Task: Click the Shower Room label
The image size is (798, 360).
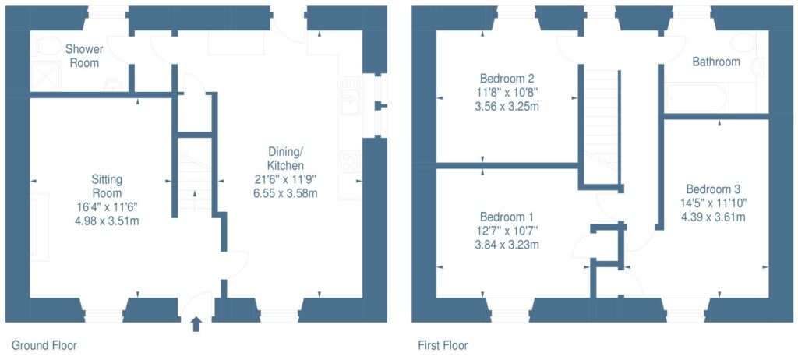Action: pyautogui.click(x=84, y=55)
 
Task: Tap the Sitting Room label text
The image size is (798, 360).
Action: pyautogui.click(x=107, y=186)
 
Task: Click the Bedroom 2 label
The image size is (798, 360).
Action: pyautogui.click(x=507, y=79)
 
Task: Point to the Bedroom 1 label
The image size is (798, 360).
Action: pyautogui.click(x=507, y=216)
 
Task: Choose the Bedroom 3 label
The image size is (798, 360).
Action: pyautogui.click(x=713, y=189)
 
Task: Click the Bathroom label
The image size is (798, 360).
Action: pyautogui.click(x=716, y=62)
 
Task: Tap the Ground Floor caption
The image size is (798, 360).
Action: pyautogui.click(x=44, y=345)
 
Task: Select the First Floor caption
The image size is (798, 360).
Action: pyautogui.click(x=443, y=345)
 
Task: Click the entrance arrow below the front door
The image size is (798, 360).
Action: pyautogui.click(x=195, y=323)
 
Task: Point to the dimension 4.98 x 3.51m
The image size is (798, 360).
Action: pyautogui.click(x=107, y=221)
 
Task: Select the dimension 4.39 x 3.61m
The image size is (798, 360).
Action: pyautogui.click(x=713, y=217)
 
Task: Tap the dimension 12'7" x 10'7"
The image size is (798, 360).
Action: pyautogui.click(x=507, y=230)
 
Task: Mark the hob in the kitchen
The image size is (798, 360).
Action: pyautogui.click(x=350, y=161)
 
